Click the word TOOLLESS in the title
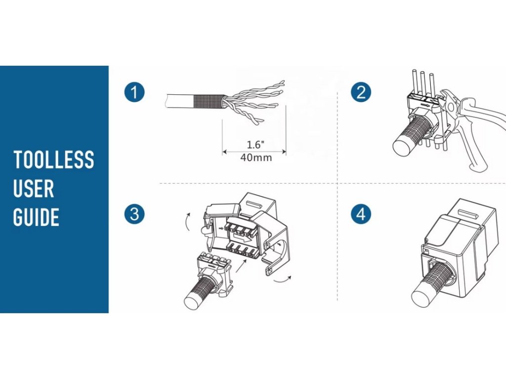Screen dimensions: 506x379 pos(53,159)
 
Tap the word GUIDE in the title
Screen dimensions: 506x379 pos(36,217)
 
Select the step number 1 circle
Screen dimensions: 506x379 pos(134,92)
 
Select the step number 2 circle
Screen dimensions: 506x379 pos(361,92)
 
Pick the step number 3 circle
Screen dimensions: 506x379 pos(134,214)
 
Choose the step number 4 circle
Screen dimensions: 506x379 pos(361,214)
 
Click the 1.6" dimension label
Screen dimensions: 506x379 pos(255,145)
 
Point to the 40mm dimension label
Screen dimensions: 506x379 pos(256,157)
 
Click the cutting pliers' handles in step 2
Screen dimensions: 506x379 pos(481,132)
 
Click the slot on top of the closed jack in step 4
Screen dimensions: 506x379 pos(467,213)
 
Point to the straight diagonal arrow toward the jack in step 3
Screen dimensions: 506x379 pos(241,265)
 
